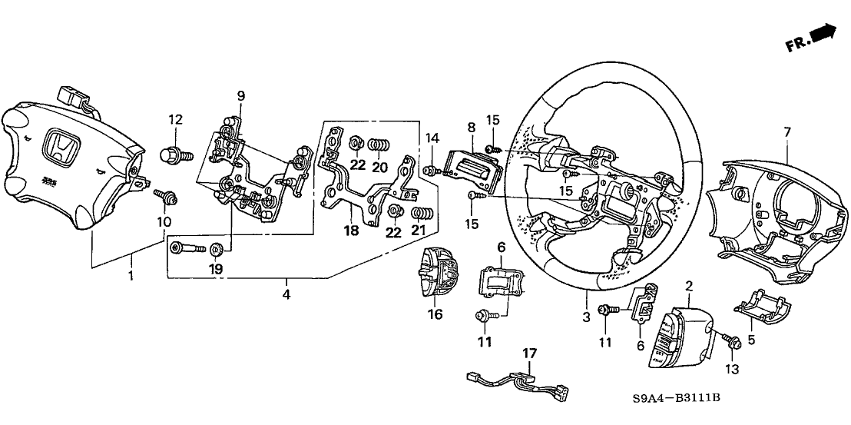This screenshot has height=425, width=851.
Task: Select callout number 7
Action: (x=786, y=134)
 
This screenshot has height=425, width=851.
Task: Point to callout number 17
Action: (x=528, y=354)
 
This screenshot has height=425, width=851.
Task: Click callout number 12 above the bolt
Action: (x=176, y=119)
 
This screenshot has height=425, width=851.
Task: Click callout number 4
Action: (x=286, y=294)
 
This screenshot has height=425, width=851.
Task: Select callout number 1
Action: (x=131, y=274)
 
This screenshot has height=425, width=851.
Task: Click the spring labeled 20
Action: (x=379, y=144)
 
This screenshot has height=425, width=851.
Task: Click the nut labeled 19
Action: (x=216, y=248)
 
